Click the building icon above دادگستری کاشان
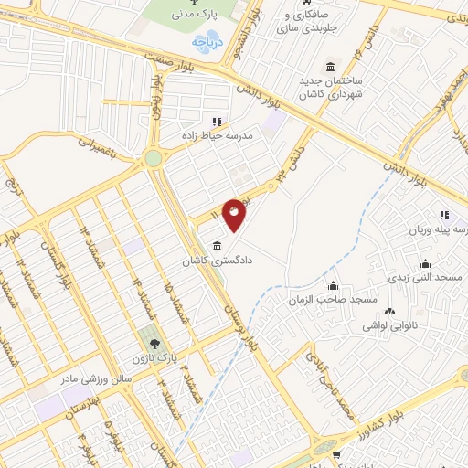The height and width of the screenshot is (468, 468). (216, 246)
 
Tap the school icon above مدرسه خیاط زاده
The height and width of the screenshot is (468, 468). (217, 121)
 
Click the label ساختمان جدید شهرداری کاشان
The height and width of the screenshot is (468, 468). (330, 88)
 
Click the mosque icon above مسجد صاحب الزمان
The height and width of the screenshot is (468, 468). (332, 285)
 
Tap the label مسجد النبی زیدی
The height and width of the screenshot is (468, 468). (425, 274)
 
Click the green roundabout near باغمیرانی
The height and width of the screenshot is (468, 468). (153, 158)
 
